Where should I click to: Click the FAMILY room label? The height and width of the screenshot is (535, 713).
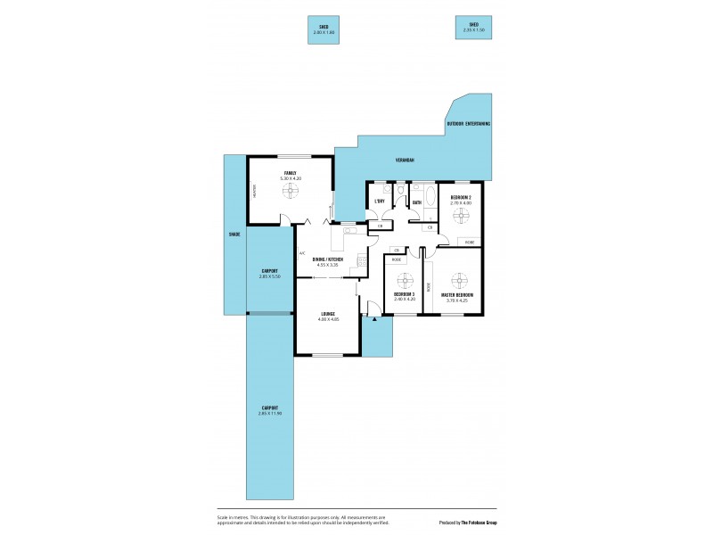point(290,172)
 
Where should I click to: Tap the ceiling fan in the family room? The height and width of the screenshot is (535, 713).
point(290,201)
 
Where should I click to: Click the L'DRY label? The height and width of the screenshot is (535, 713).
point(380,202)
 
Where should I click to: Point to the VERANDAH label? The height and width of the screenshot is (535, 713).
point(406,160)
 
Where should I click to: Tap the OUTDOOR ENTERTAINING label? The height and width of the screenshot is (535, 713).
point(469,124)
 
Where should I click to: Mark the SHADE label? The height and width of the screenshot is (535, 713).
point(234,235)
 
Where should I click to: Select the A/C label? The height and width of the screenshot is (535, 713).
point(302,252)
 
